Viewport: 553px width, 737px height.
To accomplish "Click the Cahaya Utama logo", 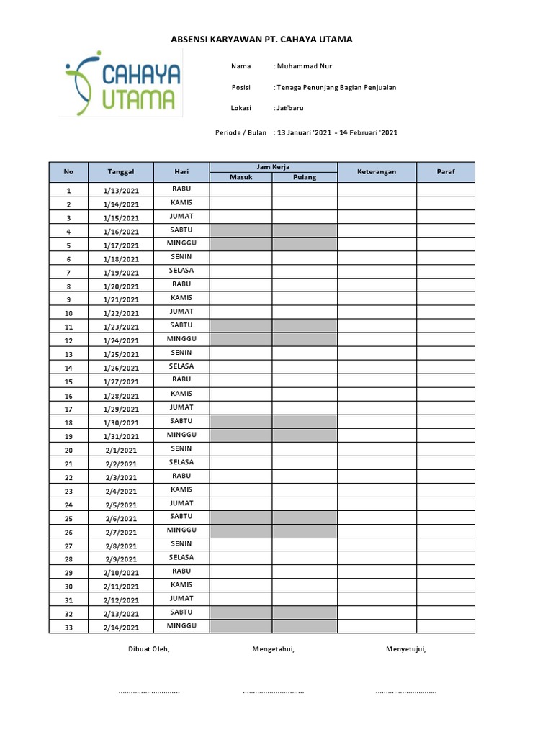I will click(x=120, y=83).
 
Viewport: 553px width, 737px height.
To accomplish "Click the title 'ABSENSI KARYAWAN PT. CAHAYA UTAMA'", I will click(x=261, y=40).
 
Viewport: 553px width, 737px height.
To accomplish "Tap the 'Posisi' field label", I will click(x=240, y=87).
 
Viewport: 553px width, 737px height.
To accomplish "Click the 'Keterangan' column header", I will click(x=377, y=172).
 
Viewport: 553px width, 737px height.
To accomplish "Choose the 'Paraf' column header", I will click(x=446, y=172).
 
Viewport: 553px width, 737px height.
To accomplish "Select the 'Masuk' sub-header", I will click(x=240, y=177).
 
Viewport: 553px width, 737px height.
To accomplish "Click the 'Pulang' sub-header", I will click(x=305, y=177).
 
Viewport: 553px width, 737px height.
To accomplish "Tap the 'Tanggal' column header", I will click(x=120, y=172).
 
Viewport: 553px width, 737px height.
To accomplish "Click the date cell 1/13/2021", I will click(x=120, y=191).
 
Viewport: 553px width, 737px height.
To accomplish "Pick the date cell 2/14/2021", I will click(x=120, y=628).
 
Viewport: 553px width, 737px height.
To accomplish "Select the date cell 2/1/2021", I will click(x=120, y=450).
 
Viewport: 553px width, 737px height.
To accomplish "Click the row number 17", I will click(x=69, y=409).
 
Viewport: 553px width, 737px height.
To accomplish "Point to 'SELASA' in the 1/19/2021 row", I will click(x=181, y=271).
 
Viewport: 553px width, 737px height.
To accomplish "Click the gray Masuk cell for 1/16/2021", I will click(x=240, y=231).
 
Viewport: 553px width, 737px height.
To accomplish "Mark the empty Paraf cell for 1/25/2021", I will click(x=446, y=354).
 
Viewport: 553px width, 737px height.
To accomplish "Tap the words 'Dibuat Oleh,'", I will click(x=149, y=649).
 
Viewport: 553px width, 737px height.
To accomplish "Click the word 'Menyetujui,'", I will click(x=406, y=649).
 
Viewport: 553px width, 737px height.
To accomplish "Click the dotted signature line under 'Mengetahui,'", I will click(x=274, y=692).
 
